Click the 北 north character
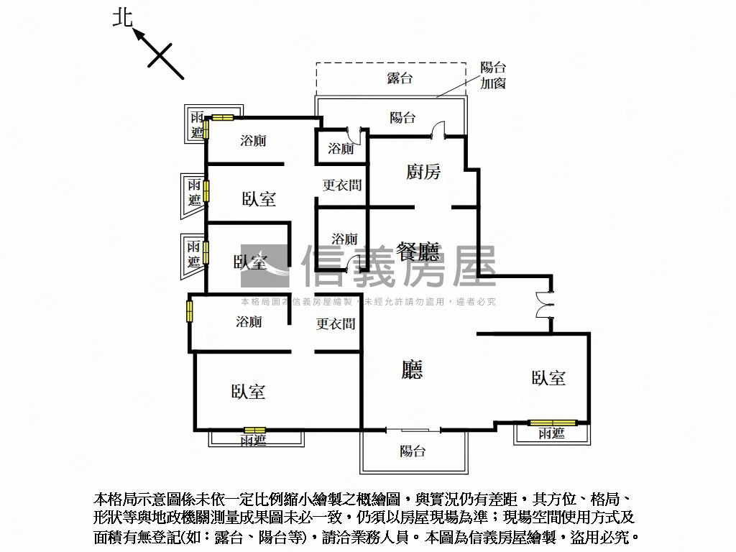(123, 17)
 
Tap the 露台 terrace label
(400, 78)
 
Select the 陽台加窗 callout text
(493, 75)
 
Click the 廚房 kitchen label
(423, 171)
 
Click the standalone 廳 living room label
(413, 369)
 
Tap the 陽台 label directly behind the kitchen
(402, 117)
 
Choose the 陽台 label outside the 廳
(413, 451)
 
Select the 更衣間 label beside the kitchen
(341, 185)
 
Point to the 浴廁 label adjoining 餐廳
(344, 239)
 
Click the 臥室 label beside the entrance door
(548, 377)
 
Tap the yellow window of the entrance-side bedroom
(552, 423)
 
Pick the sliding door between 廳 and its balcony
(413, 430)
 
